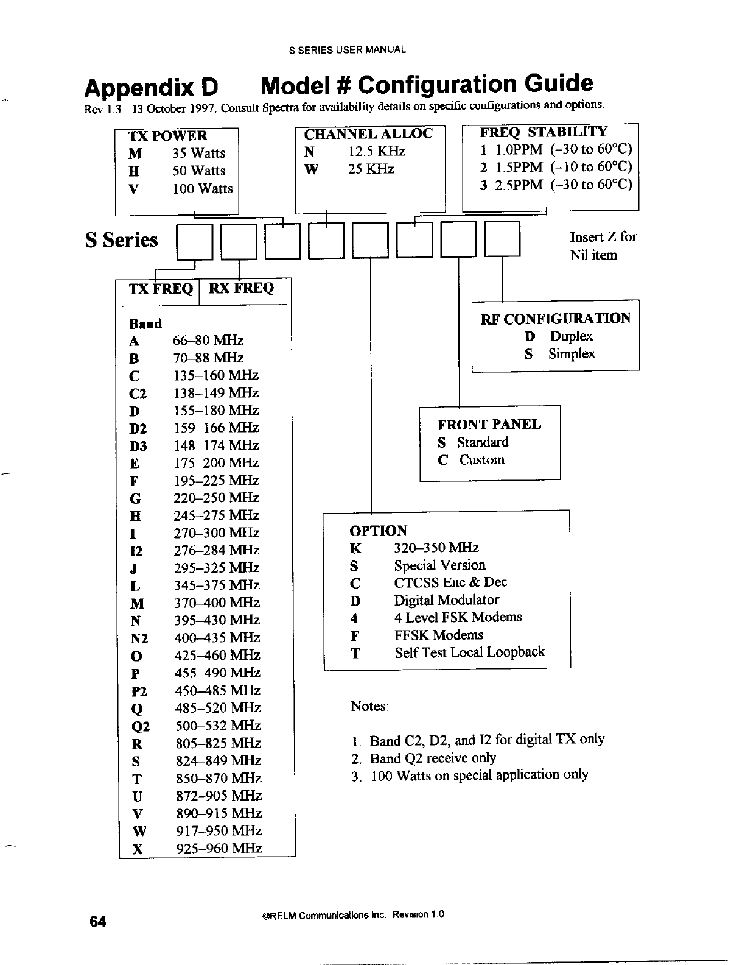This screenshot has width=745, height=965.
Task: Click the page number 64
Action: click(x=98, y=922)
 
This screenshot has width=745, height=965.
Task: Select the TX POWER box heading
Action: click(x=168, y=136)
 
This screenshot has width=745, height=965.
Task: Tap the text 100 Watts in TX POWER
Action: click(x=203, y=189)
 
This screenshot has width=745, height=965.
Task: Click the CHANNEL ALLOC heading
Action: click(x=368, y=134)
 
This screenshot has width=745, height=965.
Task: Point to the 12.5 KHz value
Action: click(x=377, y=152)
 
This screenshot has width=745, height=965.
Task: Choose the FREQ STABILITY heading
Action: click(x=544, y=132)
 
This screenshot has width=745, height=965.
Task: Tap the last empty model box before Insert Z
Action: click(x=502, y=239)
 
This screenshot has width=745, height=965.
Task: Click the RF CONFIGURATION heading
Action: click(x=556, y=319)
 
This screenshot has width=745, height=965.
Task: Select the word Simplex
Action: click(x=572, y=354)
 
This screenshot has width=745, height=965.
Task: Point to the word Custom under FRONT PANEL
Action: click(x=481, y=460)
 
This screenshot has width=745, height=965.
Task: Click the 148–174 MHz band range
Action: click(x=216, y=445)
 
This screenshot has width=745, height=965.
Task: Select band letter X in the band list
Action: click(x=138, y=849)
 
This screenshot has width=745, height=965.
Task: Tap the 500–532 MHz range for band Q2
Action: click(x=218, y=726)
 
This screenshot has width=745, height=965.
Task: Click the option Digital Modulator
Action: click(x=446, y=600)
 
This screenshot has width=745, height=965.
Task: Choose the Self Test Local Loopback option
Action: click(x=469, y=652)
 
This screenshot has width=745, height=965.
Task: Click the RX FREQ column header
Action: click(x=242, y=288)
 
